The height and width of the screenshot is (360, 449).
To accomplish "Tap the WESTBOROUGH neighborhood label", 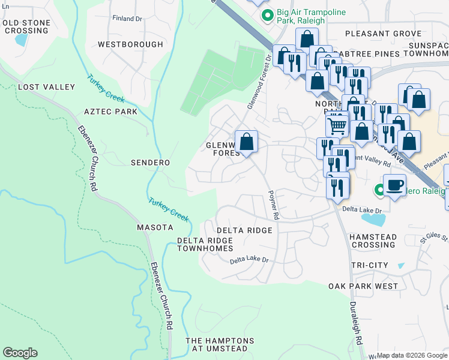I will [130, 44].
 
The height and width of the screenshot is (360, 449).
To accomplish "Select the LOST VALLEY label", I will [47, 87].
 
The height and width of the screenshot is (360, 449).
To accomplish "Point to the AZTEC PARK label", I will [110, 112].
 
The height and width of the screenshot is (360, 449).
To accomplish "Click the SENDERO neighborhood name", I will [150, 163].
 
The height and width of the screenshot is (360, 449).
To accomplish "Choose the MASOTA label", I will [155, 227].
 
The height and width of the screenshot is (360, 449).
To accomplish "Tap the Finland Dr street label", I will [127, 19].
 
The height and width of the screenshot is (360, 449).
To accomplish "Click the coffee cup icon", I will [394, 185].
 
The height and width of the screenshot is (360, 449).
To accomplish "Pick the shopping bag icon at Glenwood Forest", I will [246, 142].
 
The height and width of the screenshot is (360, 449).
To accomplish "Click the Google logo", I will [20, 353].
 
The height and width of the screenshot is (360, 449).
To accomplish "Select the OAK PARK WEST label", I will [363, 286].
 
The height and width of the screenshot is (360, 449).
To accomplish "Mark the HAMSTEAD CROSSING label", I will [373, 241].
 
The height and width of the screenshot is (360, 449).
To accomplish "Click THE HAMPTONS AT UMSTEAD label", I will [220, 344].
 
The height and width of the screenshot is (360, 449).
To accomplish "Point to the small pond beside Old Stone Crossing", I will [21, 40].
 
